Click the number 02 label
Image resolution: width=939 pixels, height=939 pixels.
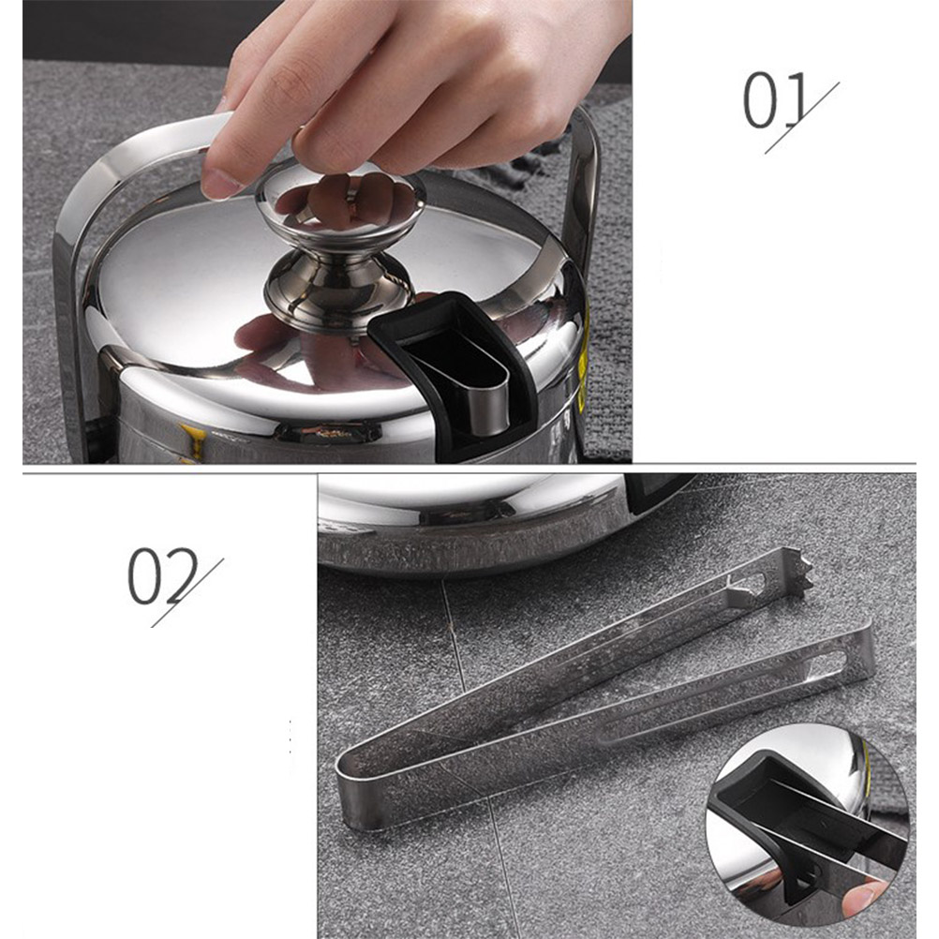coord(163,574)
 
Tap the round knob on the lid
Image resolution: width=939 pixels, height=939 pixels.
coord(340,203)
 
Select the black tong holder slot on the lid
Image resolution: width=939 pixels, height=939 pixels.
coord(456,365)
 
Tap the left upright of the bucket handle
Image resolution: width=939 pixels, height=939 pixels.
coord(65,335)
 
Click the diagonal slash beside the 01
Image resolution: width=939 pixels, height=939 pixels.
coord(802,118)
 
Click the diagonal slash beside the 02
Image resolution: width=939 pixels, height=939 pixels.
coord(187,593)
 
